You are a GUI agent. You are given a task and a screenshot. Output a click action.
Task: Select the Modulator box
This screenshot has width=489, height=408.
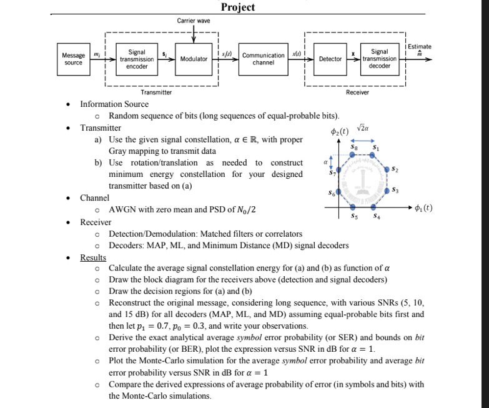click(x=193, y=59)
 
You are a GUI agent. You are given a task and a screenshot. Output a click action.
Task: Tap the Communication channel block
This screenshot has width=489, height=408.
click(x=263, y=59)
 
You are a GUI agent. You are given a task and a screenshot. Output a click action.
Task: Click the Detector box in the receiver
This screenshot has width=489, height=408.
click(x=330, y=59)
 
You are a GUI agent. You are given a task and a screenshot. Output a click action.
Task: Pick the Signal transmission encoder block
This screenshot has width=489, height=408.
click(x=137, y=59)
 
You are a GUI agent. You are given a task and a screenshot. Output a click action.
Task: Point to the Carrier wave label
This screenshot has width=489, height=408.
click(x=194, y=21)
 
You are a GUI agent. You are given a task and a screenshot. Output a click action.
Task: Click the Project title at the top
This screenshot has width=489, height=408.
click(x=238, y=7)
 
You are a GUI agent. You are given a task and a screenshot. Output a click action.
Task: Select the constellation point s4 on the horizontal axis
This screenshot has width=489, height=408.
click(x=375, y=207)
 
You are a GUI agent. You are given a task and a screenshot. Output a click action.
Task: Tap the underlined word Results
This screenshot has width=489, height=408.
click(x=93, y=257)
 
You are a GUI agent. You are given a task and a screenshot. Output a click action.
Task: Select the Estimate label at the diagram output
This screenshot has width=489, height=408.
click(x=420, y=47)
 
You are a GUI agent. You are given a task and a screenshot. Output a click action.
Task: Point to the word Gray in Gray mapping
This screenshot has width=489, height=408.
click(x=120, y=151)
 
